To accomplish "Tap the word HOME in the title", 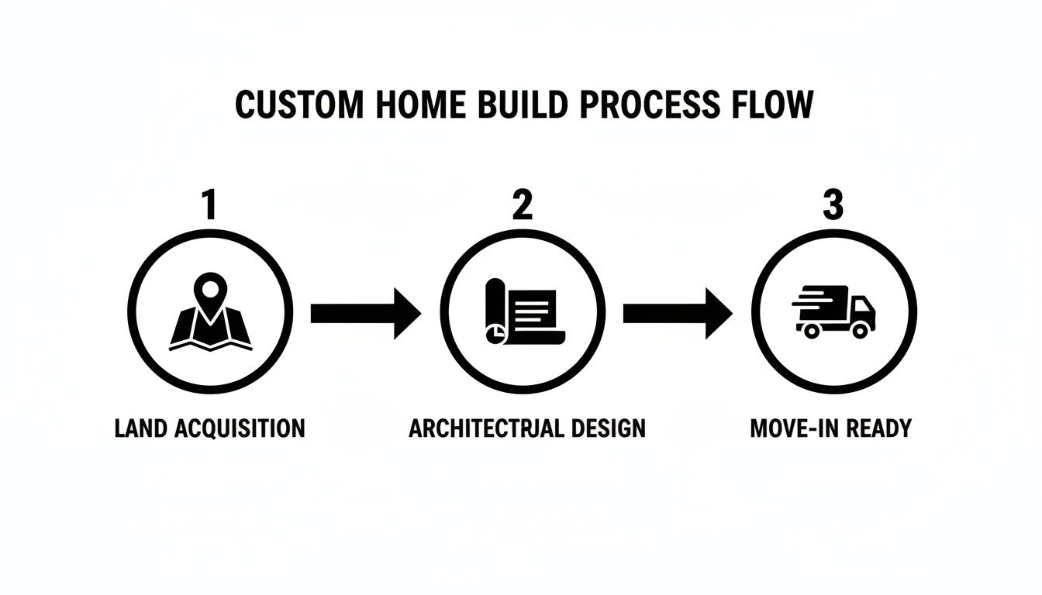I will pos(409,105).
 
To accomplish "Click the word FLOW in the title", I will pos(771,105).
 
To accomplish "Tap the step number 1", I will pos(208,205).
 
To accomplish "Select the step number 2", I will pos(523,205).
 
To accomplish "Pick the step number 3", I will pos(833,205).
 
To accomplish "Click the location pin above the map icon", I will pos(209,291).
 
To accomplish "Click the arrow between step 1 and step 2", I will pos(365,313).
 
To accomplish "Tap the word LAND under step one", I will pos(142,428).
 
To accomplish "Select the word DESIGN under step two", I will pos(606,428).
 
